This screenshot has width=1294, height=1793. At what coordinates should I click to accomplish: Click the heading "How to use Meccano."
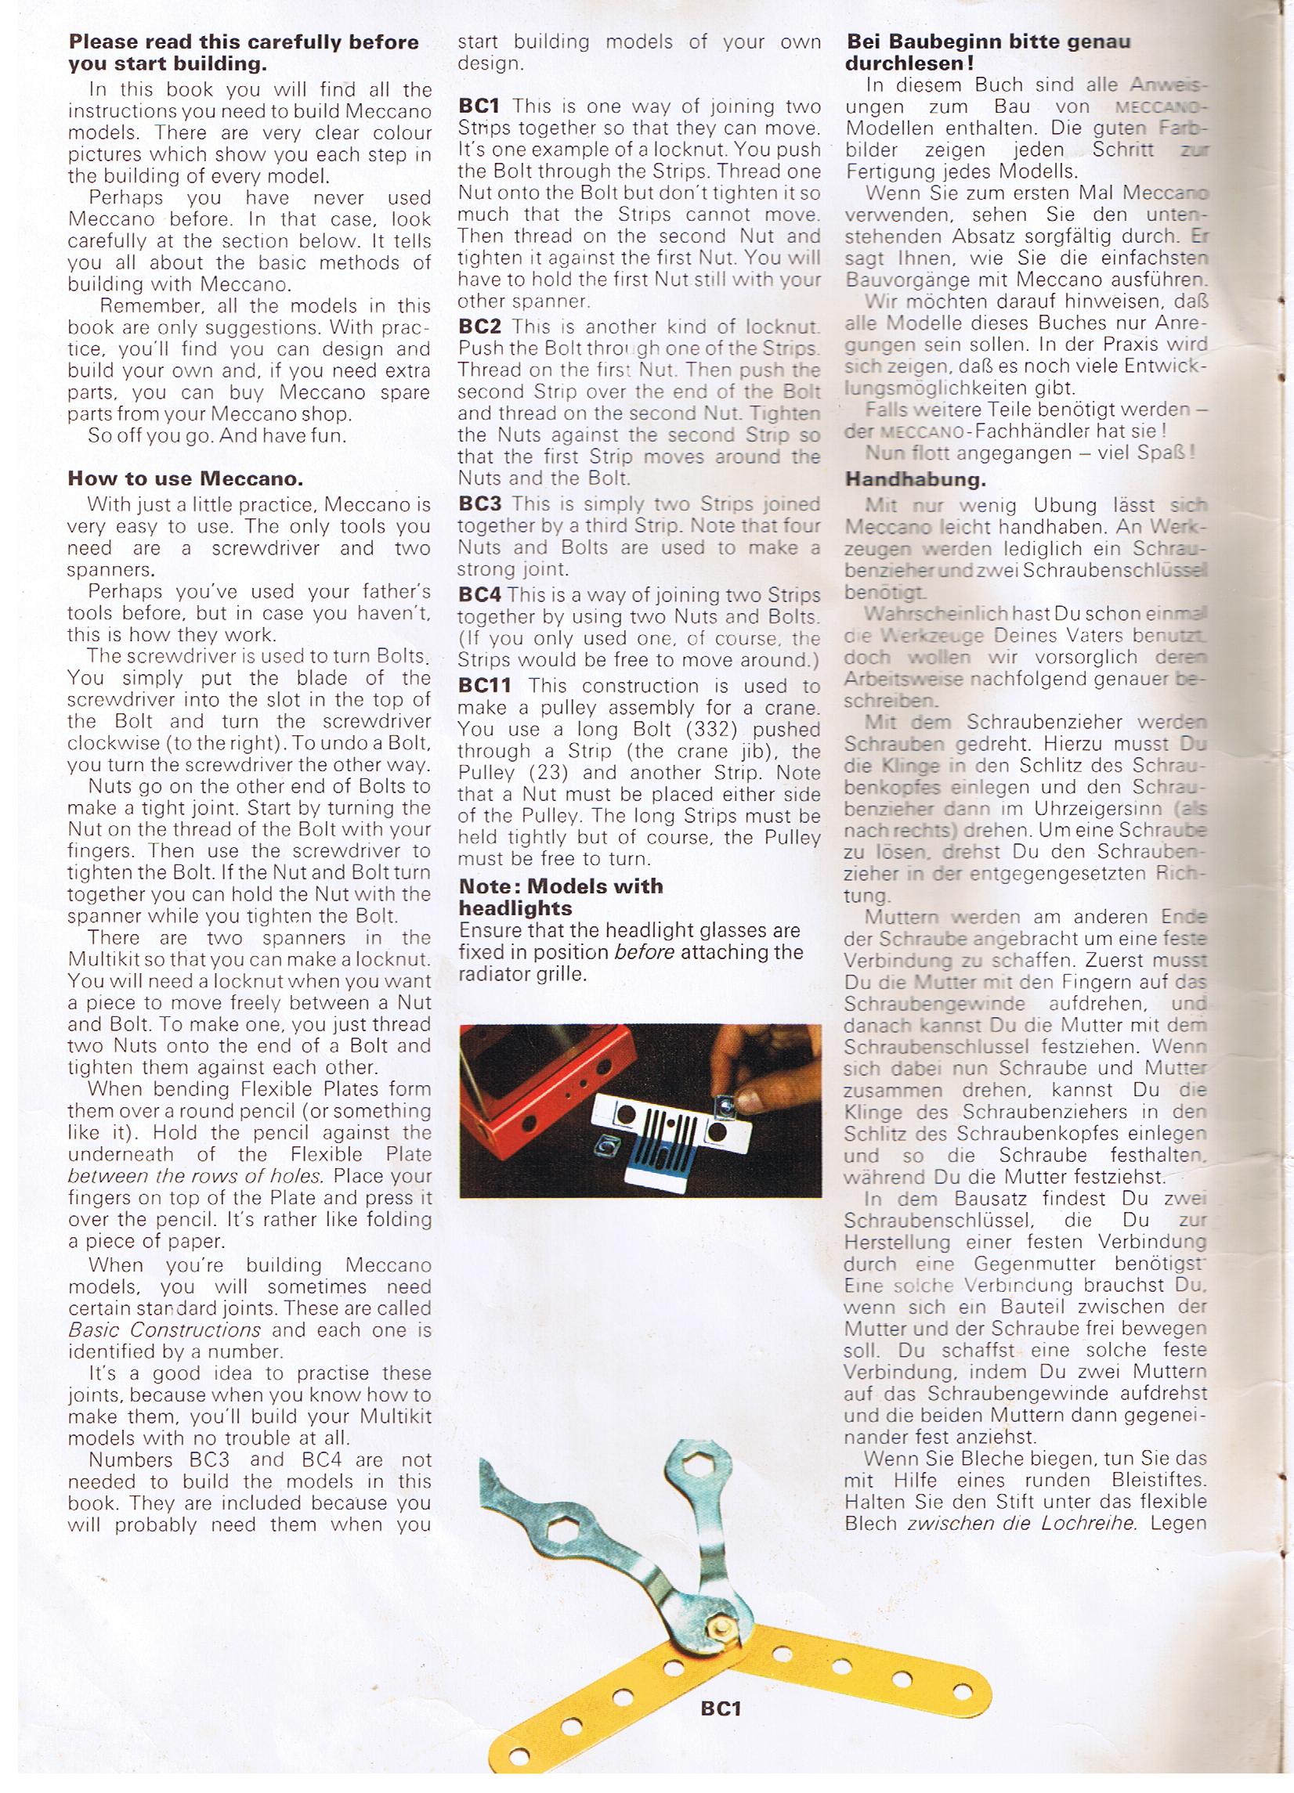point(185,478)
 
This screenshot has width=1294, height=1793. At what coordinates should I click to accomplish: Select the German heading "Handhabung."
point(915,479)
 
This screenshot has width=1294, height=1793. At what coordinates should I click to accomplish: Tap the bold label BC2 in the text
point(479,326)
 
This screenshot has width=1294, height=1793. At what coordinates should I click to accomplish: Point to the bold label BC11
point(485,686)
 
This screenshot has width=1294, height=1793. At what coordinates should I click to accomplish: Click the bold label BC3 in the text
point(479,503)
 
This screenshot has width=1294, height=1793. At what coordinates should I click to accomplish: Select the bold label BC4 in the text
point(479,595)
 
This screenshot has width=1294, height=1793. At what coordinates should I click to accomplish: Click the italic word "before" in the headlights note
point(644,952)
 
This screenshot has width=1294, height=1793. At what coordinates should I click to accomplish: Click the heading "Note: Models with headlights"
point(561,896)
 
